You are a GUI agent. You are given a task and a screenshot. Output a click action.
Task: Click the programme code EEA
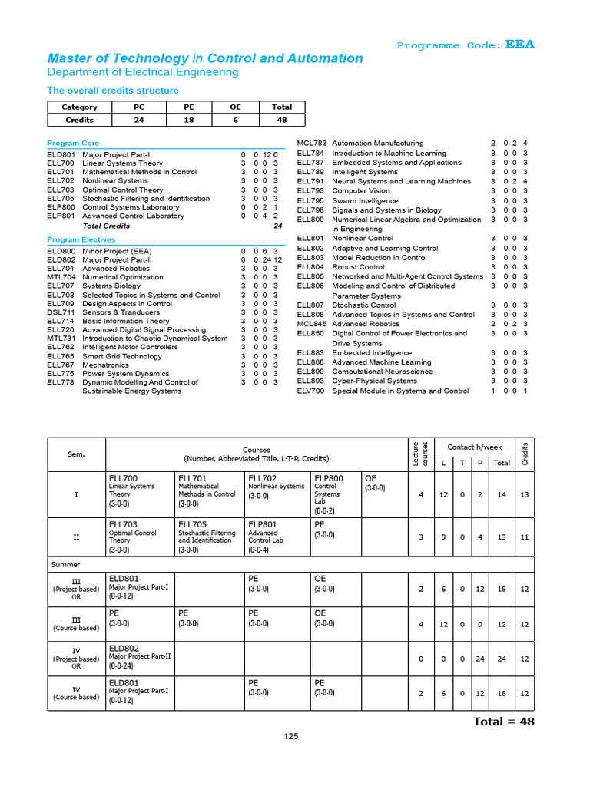[x=519, y=45]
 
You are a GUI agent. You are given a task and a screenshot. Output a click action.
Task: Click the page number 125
[x=290, y=736]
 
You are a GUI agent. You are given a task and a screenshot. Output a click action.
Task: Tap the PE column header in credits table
[x=188, y=107]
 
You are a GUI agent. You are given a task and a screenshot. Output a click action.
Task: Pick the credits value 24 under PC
[x=139, y=120]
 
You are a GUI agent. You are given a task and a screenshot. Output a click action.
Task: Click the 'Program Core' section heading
[x=73, y=144]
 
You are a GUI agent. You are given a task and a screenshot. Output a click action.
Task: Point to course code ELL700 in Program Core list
[x=61, y=163]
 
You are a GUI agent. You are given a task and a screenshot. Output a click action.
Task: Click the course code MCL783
[x=311, y=144]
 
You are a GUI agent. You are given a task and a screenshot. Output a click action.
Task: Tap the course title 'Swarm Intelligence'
[x=365, y=201]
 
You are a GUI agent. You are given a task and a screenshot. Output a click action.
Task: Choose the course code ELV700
[x=311, y=391]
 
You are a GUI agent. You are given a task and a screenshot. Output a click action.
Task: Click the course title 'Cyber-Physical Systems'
[x=374, y=381]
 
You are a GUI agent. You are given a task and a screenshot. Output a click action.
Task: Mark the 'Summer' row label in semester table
[x=65, y=564]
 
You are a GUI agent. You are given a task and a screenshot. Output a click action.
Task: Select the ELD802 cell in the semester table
[x=124, y=649]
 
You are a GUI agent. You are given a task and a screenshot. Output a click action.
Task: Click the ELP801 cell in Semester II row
[x=263, y=524]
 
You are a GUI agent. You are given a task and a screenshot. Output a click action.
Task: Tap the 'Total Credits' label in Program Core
[x=106, y=226]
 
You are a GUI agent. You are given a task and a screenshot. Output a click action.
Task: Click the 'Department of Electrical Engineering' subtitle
[x=143, y=72]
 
